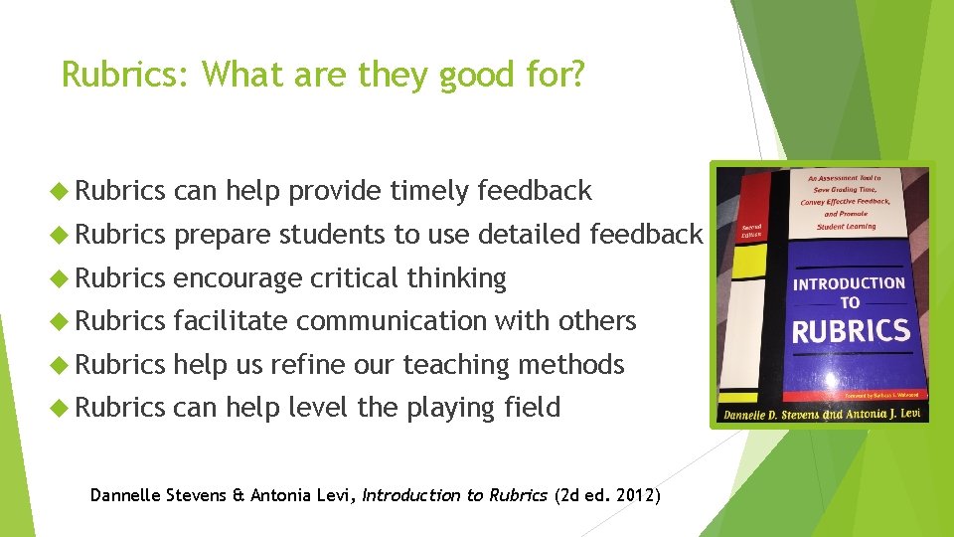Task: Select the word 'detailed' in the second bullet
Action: point(532,235)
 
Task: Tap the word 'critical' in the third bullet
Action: point(354,278)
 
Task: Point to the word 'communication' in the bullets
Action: point(392,321)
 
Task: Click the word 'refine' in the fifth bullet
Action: point(306,365)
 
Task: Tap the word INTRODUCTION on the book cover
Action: point(850,283)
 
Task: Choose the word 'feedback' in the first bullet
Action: point(535,191)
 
